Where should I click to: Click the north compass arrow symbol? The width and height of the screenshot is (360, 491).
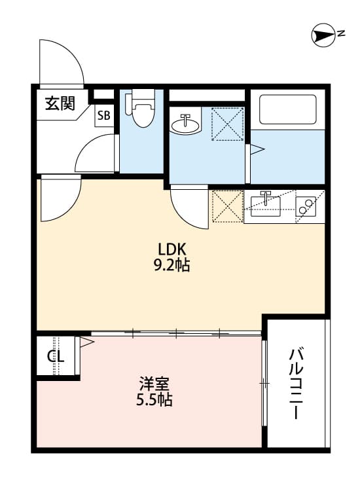pyautogui.click(x=323, y=36)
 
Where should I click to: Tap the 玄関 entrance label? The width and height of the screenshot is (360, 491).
pyautogui.click(x=60, y=103)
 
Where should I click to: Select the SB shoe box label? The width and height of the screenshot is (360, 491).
pyautogui.click(x=103, y=117)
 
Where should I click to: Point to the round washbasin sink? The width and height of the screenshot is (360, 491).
pyautogui.click(x=186, y=124)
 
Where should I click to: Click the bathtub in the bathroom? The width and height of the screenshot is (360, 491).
pyautogui.click(x=288, y=109)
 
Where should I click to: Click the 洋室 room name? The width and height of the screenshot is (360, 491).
pyautogui.click(x=155, y=382)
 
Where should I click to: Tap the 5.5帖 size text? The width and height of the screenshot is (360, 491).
pyautogui.click(x=155, y=399)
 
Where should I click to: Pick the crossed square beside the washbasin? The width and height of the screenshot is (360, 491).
pyautogui.click(x=227, y=124)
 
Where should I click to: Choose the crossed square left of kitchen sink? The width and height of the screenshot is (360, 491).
pyautogui.click(x=226, y=206)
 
